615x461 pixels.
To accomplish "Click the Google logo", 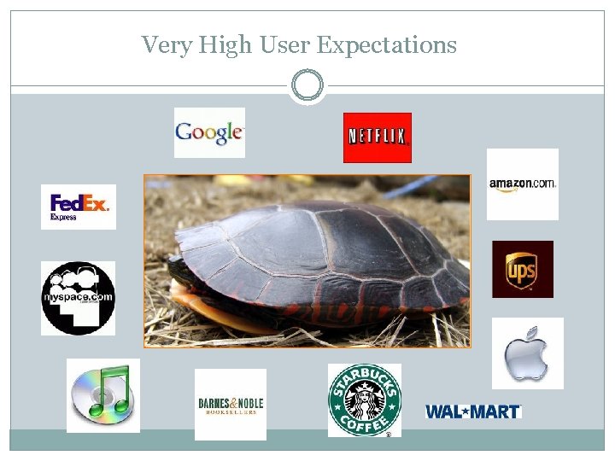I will pos(209,132).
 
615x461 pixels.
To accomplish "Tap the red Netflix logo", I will pos(377,137).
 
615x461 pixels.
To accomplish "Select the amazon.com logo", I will pos(522,184).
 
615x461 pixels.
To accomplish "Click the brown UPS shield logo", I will pos(522,270).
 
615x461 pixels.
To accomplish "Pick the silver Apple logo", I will pos(527,353).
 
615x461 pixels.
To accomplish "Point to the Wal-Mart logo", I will pos(473,411).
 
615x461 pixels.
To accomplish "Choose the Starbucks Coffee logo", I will pos(364,400).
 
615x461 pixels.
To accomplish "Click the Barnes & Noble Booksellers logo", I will pos(231,405).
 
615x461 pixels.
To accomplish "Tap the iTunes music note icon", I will pos(103,395).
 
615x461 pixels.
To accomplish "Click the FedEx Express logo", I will pos(79,207).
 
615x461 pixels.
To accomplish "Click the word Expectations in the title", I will pos(387,44).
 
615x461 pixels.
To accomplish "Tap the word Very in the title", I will pos(167,44).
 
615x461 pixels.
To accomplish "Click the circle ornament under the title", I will pos(307,86).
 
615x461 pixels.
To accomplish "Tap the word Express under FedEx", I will pos(63,218).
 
